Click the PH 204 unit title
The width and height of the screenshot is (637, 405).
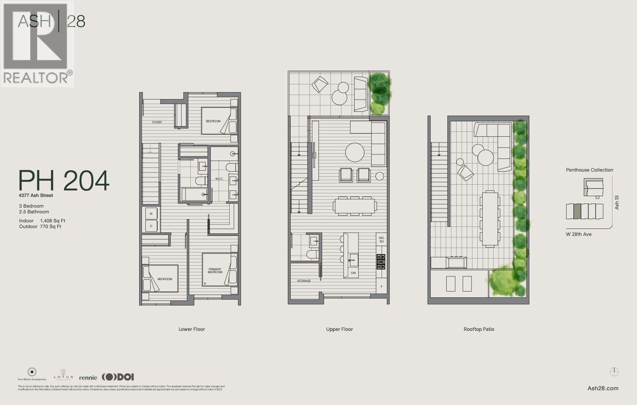(x=64, y=181)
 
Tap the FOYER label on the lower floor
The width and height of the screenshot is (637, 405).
(x=157, y=122)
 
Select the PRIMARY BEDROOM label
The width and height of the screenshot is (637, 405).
(x=215, y=271)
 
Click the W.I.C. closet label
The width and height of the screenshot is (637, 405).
(x=219, y=179)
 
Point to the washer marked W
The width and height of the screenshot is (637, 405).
(x=151, y=214)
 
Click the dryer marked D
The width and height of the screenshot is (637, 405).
(x=151, y=226)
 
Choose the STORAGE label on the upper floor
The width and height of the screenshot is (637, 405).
(x=304, y=281)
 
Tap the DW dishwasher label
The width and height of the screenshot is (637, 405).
(x=353, y=273)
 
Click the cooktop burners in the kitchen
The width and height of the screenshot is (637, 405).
(x=381, y=262)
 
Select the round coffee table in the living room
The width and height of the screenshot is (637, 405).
(x=355, y=152)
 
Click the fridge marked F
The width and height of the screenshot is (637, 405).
(x=382, y=287)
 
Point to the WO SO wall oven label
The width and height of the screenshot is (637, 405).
(x=381, y=240)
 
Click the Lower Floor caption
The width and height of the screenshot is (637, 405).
(x=192, y=329)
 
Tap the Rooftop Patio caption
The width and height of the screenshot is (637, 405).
(x=479, y=329)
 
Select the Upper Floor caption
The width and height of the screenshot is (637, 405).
(x=339, y=329)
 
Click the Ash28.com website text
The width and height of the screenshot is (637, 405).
(x=603, y=388)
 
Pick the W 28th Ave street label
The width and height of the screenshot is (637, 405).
(x=578, y=234)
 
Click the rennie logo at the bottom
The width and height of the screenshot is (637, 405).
(x=88, y=377)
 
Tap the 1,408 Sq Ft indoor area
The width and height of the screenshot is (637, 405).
(x=53, y=221)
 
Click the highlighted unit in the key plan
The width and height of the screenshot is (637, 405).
(x=577, y=211)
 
